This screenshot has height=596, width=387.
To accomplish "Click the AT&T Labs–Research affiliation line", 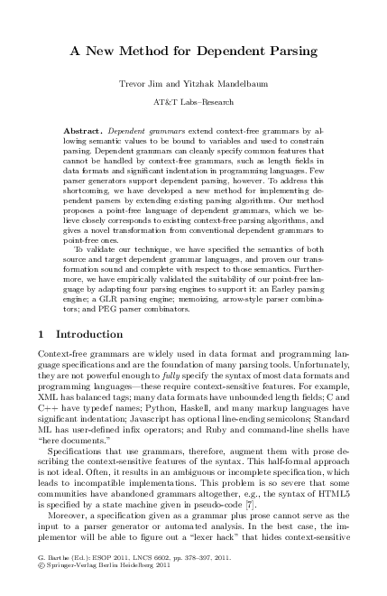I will (x=192, y=105).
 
